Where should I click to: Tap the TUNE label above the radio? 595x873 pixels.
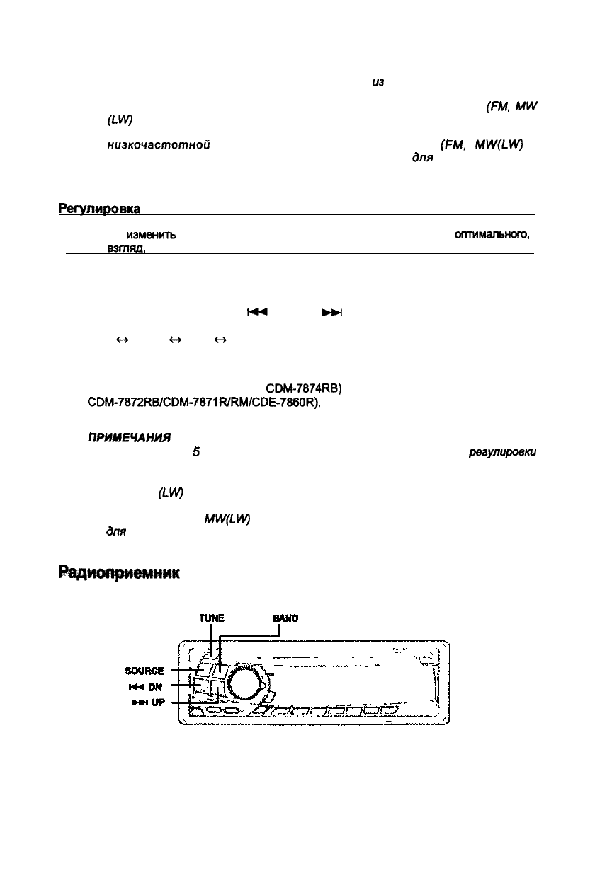(211, 618)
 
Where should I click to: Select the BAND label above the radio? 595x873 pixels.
(285, 618)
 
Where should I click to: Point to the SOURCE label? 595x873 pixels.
(144, 670)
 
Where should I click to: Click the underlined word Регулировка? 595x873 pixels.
(100, 209)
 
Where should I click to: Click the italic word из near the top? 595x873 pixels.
(377, 83)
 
